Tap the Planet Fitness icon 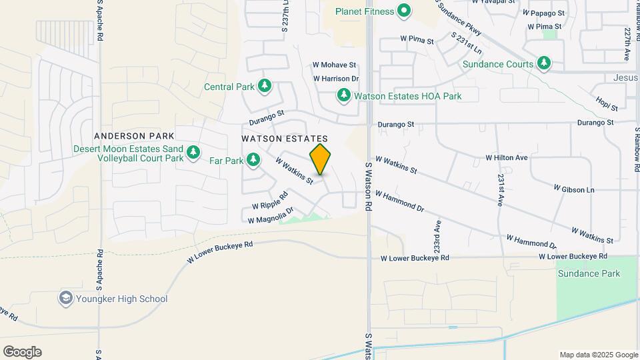403,11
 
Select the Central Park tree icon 265,86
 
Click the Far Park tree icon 253,160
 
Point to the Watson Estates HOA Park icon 344,96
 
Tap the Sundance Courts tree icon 545,64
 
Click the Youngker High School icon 66,299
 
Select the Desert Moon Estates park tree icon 193,153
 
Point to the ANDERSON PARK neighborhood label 129,135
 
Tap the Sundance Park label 589,273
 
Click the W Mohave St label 335,65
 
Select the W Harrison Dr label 336,79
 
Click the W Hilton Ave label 507,158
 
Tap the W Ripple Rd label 269,201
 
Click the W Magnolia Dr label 271,216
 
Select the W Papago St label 544,13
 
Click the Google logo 22,352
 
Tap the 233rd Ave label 438,235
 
